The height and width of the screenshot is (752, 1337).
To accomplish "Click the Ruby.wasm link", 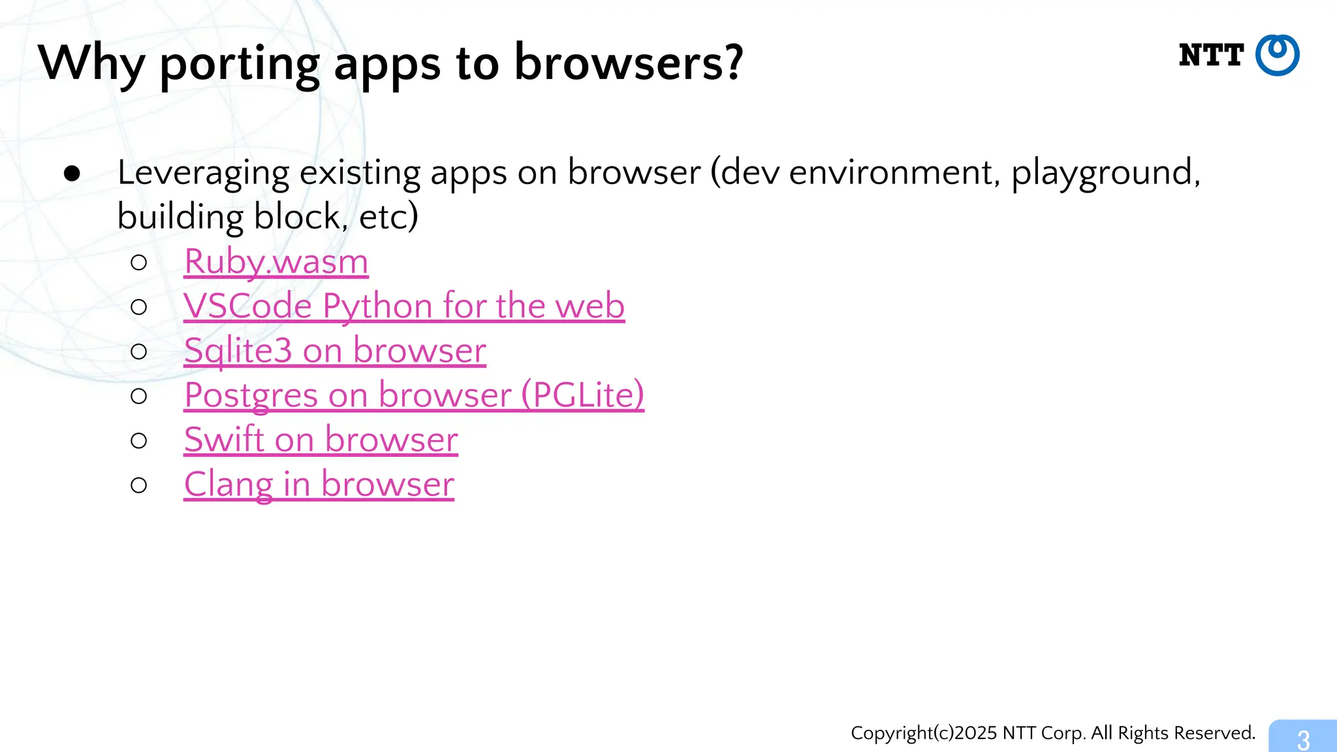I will point(276,262).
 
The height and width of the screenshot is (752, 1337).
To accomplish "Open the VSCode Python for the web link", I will point(404,306).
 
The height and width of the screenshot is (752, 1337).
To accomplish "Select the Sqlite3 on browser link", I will point(335,351).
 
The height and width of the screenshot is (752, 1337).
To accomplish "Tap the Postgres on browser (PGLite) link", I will point(414,395).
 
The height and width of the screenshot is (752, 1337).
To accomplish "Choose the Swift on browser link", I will point(321,439).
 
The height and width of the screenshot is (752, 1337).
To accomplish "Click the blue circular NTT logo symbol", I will point(1277,55).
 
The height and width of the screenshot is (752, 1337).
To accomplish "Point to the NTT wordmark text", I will point(1211,55).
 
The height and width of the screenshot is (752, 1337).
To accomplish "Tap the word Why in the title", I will point(91,63).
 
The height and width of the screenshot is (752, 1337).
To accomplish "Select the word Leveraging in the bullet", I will point(203,173).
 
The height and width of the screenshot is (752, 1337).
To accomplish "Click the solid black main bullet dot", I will point(72,174).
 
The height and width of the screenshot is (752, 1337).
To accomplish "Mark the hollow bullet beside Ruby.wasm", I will point(138,262).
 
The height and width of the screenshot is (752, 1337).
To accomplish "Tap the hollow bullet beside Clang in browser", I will point(138,485).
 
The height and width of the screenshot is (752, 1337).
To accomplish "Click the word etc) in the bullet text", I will point(388,217).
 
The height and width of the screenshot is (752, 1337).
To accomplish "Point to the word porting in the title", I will point(240,63).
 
